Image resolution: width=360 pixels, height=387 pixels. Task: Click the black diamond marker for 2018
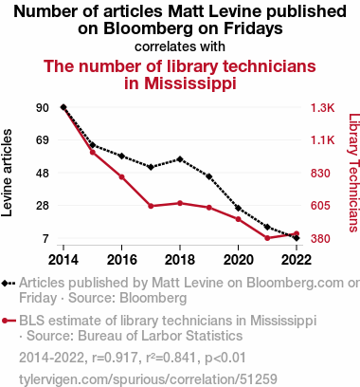point(180,159)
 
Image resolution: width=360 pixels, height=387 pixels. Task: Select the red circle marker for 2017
point(151,206)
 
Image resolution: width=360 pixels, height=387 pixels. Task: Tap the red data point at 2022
point(297,233)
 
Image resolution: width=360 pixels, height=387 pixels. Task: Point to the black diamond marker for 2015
point(93,145)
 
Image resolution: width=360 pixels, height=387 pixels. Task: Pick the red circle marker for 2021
point(267,238)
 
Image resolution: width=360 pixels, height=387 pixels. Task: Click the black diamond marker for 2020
point(238,209)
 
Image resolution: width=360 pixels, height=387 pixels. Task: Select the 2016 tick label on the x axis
point(122,260)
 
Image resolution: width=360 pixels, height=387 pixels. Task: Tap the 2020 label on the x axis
point(239,260)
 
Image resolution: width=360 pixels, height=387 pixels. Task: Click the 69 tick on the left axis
point(43,140)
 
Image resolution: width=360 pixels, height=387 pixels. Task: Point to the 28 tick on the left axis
point(43,206)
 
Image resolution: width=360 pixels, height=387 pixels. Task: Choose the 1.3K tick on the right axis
point(322,108)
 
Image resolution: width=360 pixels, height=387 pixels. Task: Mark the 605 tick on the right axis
point(320,206)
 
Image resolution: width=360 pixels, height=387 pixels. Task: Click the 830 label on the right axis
point(320,174)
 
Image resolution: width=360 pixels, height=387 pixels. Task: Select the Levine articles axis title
point(7,173)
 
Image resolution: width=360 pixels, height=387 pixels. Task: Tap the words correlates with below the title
point(180,46)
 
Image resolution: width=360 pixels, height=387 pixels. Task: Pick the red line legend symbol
point(9,321)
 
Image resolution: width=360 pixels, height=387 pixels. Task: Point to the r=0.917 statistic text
point(115,358)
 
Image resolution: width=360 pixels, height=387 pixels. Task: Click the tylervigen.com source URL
point(148,378)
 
